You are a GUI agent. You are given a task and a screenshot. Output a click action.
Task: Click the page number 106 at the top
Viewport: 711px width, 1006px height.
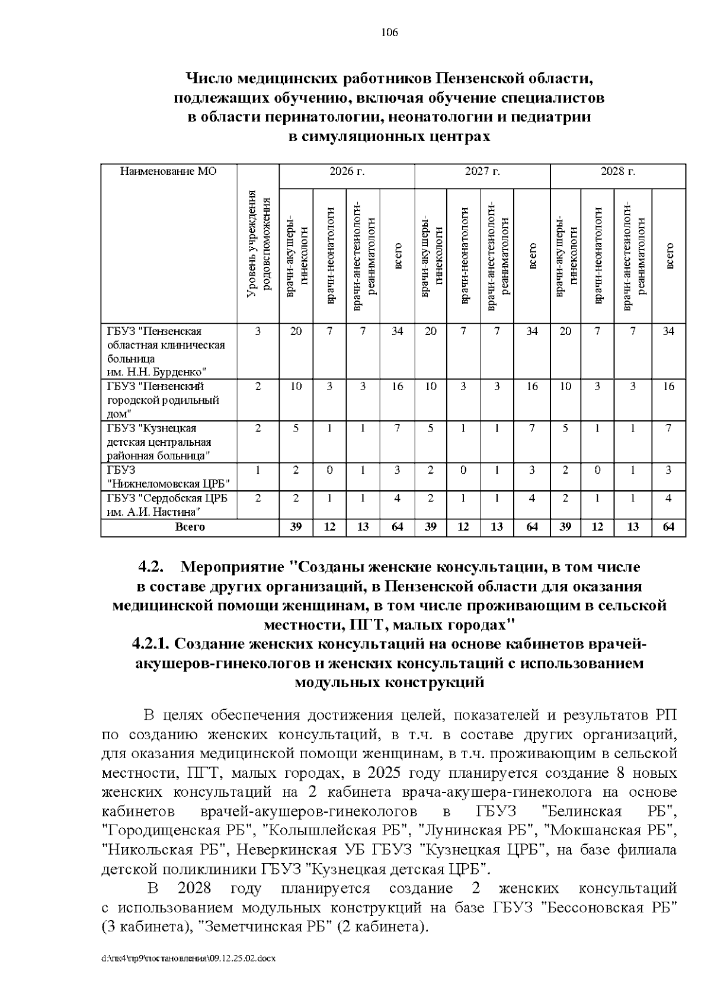[389, 33]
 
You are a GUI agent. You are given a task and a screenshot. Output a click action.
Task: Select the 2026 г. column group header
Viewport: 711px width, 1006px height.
[347, 172]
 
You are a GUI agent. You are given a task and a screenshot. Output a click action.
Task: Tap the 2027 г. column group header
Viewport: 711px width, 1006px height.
[482, 172]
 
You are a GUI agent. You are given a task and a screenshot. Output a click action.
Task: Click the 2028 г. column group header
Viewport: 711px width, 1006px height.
[618, 172]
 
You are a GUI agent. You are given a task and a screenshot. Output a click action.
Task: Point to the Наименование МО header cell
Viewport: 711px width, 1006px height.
[168, 172]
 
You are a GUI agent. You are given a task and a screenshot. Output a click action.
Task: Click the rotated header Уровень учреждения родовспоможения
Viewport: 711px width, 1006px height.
[258, 243]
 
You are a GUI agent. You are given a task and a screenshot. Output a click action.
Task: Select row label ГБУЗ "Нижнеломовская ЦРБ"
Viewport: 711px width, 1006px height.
[168, 477]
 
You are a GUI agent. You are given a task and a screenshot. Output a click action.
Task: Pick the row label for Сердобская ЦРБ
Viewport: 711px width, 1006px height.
[168, 504]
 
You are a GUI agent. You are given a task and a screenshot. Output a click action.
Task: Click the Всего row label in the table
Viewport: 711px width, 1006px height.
[190, 526]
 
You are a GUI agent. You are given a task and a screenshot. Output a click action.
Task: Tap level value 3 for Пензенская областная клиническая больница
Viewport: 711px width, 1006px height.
[258, 331]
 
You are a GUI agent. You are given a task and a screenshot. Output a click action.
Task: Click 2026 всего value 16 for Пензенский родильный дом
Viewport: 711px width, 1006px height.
[397, 387]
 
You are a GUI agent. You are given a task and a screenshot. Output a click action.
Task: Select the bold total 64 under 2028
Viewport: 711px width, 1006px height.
[668, 526]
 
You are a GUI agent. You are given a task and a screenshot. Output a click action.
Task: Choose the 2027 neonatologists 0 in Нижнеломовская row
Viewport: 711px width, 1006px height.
[463, 470]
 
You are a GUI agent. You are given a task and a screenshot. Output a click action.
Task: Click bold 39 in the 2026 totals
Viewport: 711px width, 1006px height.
[296, 526]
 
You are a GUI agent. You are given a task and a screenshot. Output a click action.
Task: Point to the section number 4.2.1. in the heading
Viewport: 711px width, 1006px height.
[151, 644]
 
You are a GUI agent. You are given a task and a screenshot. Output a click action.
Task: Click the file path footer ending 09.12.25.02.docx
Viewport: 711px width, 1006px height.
[189, 958]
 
